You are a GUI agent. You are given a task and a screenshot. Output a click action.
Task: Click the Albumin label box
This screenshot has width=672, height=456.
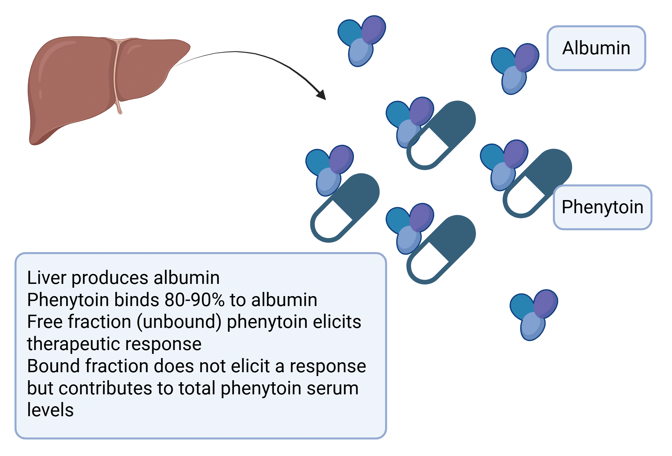coord(596,48)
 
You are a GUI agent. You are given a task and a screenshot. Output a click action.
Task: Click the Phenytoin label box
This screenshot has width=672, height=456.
coord(602,207)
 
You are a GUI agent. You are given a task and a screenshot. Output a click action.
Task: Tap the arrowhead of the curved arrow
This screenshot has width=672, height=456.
coord(322,95)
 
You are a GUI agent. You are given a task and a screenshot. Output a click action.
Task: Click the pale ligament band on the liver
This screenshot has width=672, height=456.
coord(117,75)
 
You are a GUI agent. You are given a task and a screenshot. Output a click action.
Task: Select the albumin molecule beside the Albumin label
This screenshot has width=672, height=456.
coord(514,68)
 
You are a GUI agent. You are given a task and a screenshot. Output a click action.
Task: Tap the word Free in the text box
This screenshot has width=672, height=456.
coord(45,322)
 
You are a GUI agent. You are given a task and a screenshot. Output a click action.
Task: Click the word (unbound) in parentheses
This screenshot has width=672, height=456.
coord(179,322)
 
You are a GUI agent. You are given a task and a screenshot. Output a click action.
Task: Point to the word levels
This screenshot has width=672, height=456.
coord(50,410)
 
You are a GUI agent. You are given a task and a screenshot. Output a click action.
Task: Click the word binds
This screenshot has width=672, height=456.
coord(137,300)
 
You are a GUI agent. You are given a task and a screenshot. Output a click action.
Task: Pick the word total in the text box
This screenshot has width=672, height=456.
coord(197,388)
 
